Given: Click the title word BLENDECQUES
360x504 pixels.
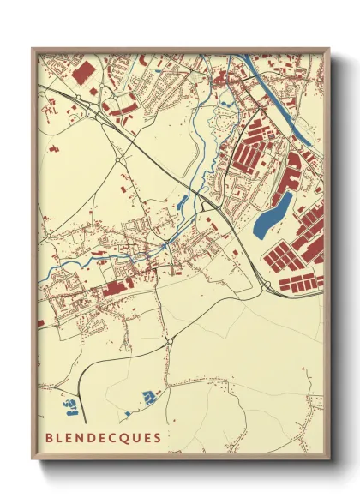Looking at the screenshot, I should click(103, 437).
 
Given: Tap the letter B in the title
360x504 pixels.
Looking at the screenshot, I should click(50, 437).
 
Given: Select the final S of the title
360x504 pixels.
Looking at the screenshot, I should click(157, 437).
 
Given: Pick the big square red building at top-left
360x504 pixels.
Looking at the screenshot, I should click(83, 75).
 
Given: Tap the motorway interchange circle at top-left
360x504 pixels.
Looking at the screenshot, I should click(89, 110).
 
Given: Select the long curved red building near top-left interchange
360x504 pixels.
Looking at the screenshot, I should click(120, 108).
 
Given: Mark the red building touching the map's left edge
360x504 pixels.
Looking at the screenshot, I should click(40, 322).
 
